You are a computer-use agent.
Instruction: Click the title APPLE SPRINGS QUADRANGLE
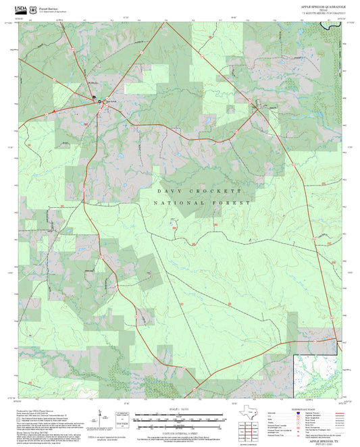[324, 5]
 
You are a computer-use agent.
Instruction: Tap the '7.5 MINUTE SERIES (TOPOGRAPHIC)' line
[324, 13]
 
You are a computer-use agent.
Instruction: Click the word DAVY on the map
[167, 191]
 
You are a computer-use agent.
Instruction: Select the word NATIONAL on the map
[174, 203]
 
